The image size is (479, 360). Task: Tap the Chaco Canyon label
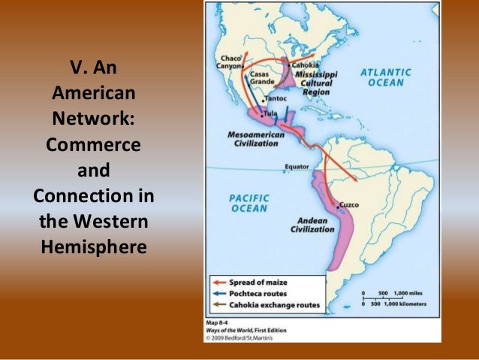pos(230,63)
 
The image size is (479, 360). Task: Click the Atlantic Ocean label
pos(386,77)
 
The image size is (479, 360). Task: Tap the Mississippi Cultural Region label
pos(315,81)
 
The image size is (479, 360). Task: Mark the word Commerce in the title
pos(93,144)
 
